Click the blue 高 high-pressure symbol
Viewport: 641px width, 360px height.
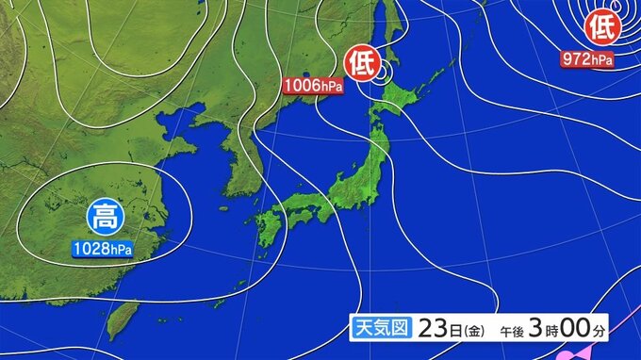(x=102, y=218)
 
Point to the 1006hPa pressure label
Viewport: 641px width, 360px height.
(x=313, y=86)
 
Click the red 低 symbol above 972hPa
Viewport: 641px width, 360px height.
(x=600, y=28)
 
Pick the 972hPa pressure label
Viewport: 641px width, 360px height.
(x=587, y=59)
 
